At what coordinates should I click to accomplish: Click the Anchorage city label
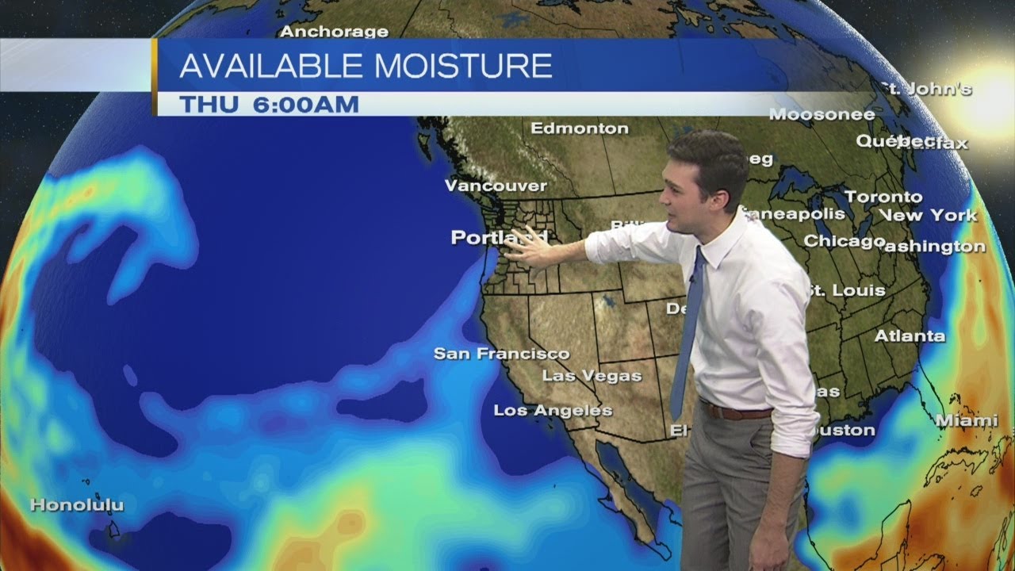click(x=334, y=32)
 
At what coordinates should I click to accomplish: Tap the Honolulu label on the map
click(x=77, y=504)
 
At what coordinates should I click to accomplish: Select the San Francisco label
click(x=501, y=354)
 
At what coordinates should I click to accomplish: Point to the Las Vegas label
click(x=592, y=375)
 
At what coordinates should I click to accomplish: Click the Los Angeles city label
click(x=553, y=410)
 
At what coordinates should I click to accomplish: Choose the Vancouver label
click(x=496, y=186)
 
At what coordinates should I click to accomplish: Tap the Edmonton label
click(x=580, y=128)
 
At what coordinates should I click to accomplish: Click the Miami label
click(x=967, y=420)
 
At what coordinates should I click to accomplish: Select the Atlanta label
click(x=910, y=336)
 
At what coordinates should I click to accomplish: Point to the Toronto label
click(x=883, y=196)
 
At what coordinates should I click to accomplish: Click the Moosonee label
click(x=822, y=114)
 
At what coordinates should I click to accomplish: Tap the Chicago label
click(x=844, y=240)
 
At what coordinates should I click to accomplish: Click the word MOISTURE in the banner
click(x=463, y=66)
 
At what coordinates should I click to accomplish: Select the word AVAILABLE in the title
click(x=272, y=66)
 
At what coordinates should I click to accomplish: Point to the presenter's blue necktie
click(x=687, y=333)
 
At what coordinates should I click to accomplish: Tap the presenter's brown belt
click(x=735, y=412)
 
